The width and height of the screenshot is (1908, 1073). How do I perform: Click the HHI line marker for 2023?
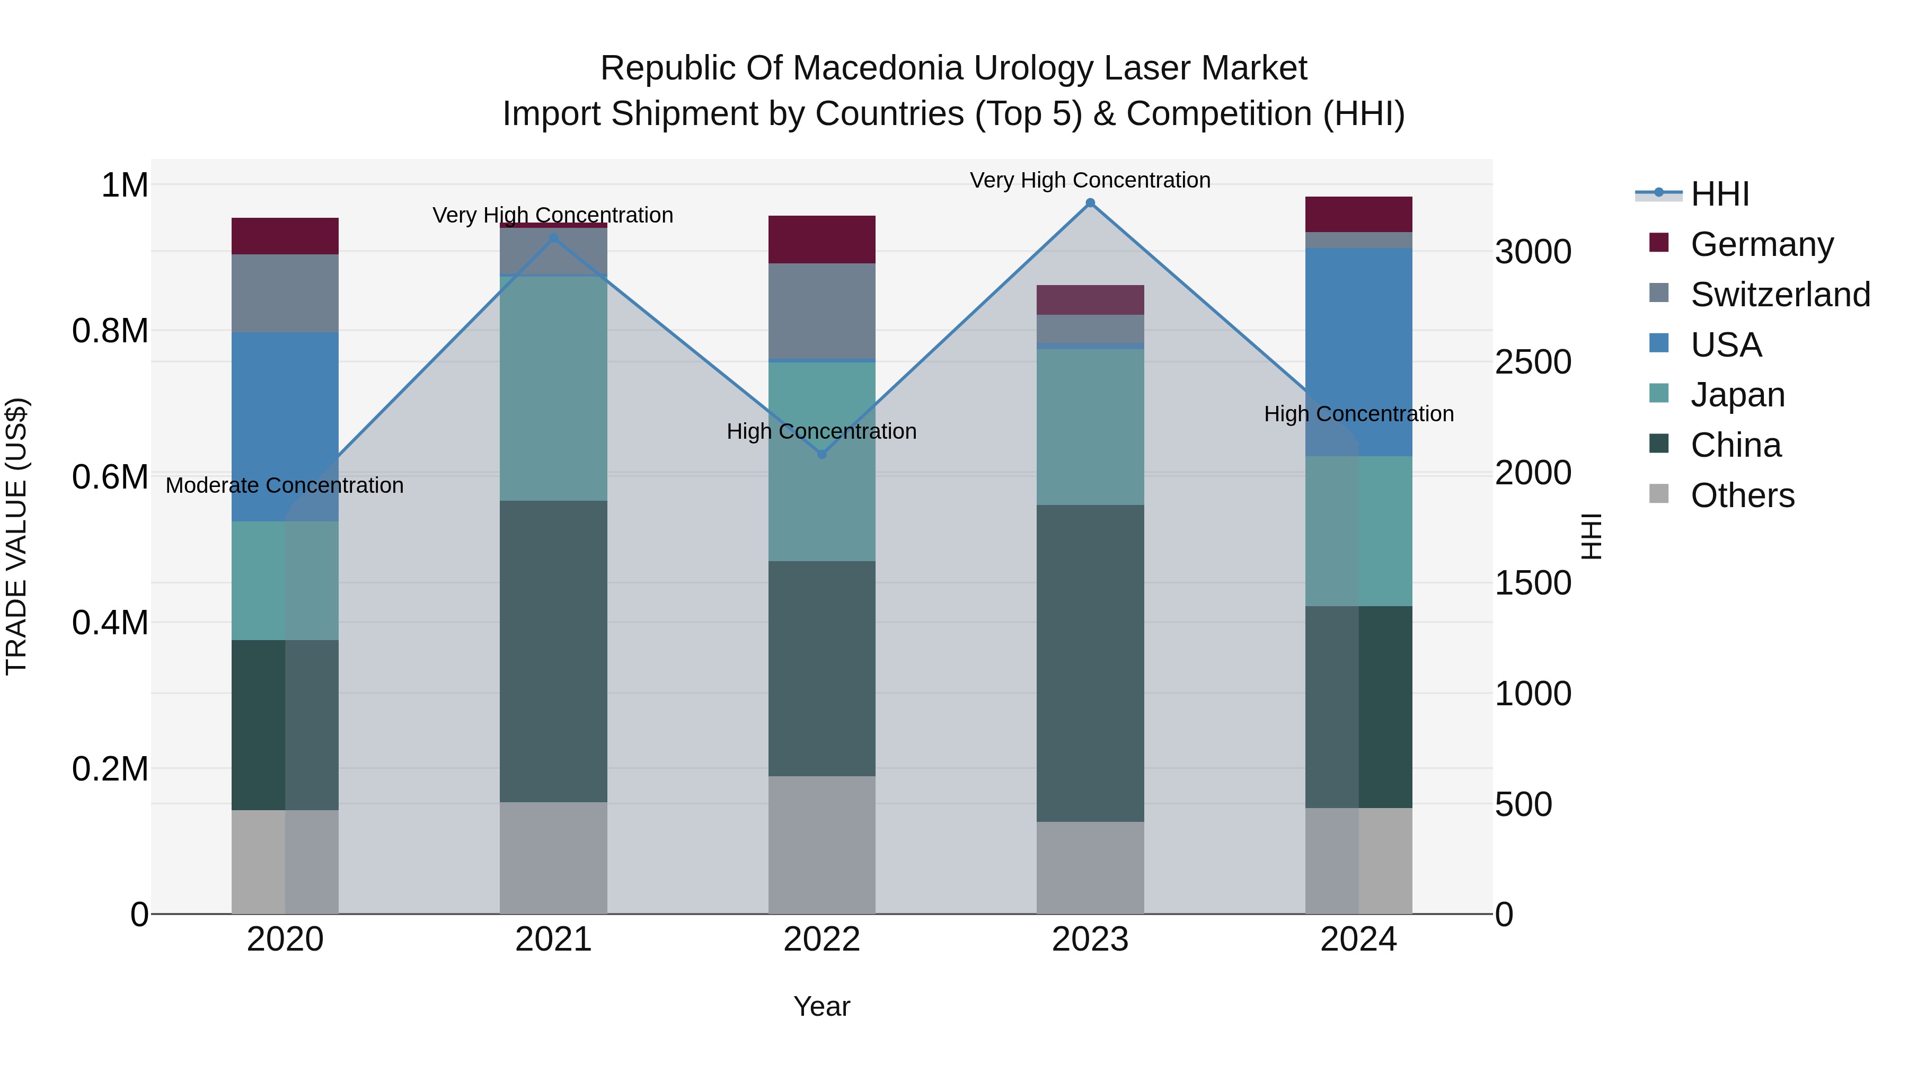tap(1090, 203)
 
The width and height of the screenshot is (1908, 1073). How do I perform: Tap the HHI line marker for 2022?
tap(821, 454)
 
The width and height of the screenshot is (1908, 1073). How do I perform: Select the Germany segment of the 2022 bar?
tap(821, 239)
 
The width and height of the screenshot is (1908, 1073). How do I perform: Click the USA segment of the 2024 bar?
tap(1358, 352)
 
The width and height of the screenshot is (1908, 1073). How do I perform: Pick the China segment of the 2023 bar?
tap(1090, 663)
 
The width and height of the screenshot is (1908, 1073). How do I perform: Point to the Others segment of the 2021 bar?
tap(553, 857)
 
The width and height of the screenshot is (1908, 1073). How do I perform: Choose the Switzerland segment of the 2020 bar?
tap(285, 293)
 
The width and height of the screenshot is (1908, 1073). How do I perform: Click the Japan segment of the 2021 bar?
tap(553, 388)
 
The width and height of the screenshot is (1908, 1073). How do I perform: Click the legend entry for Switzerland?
tap(1780, 295)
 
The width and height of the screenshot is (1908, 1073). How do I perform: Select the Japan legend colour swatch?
tap(1659, 393)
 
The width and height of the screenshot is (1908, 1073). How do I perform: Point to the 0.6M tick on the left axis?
tap(110, 477)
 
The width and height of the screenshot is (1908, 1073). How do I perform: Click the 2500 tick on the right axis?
tap(1532, 362)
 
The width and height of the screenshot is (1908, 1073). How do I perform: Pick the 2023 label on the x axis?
tap(1090, 939)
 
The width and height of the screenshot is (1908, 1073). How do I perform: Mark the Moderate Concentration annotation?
tap(285, 486)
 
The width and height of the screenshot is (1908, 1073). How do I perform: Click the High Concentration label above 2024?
tap(1358, 414)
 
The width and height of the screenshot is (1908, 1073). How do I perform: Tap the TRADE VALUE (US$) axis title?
tap(17, 536)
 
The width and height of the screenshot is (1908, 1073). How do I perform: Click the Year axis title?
tap(821, 1006)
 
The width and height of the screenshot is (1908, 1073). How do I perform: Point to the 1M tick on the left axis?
tap(125, 185)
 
